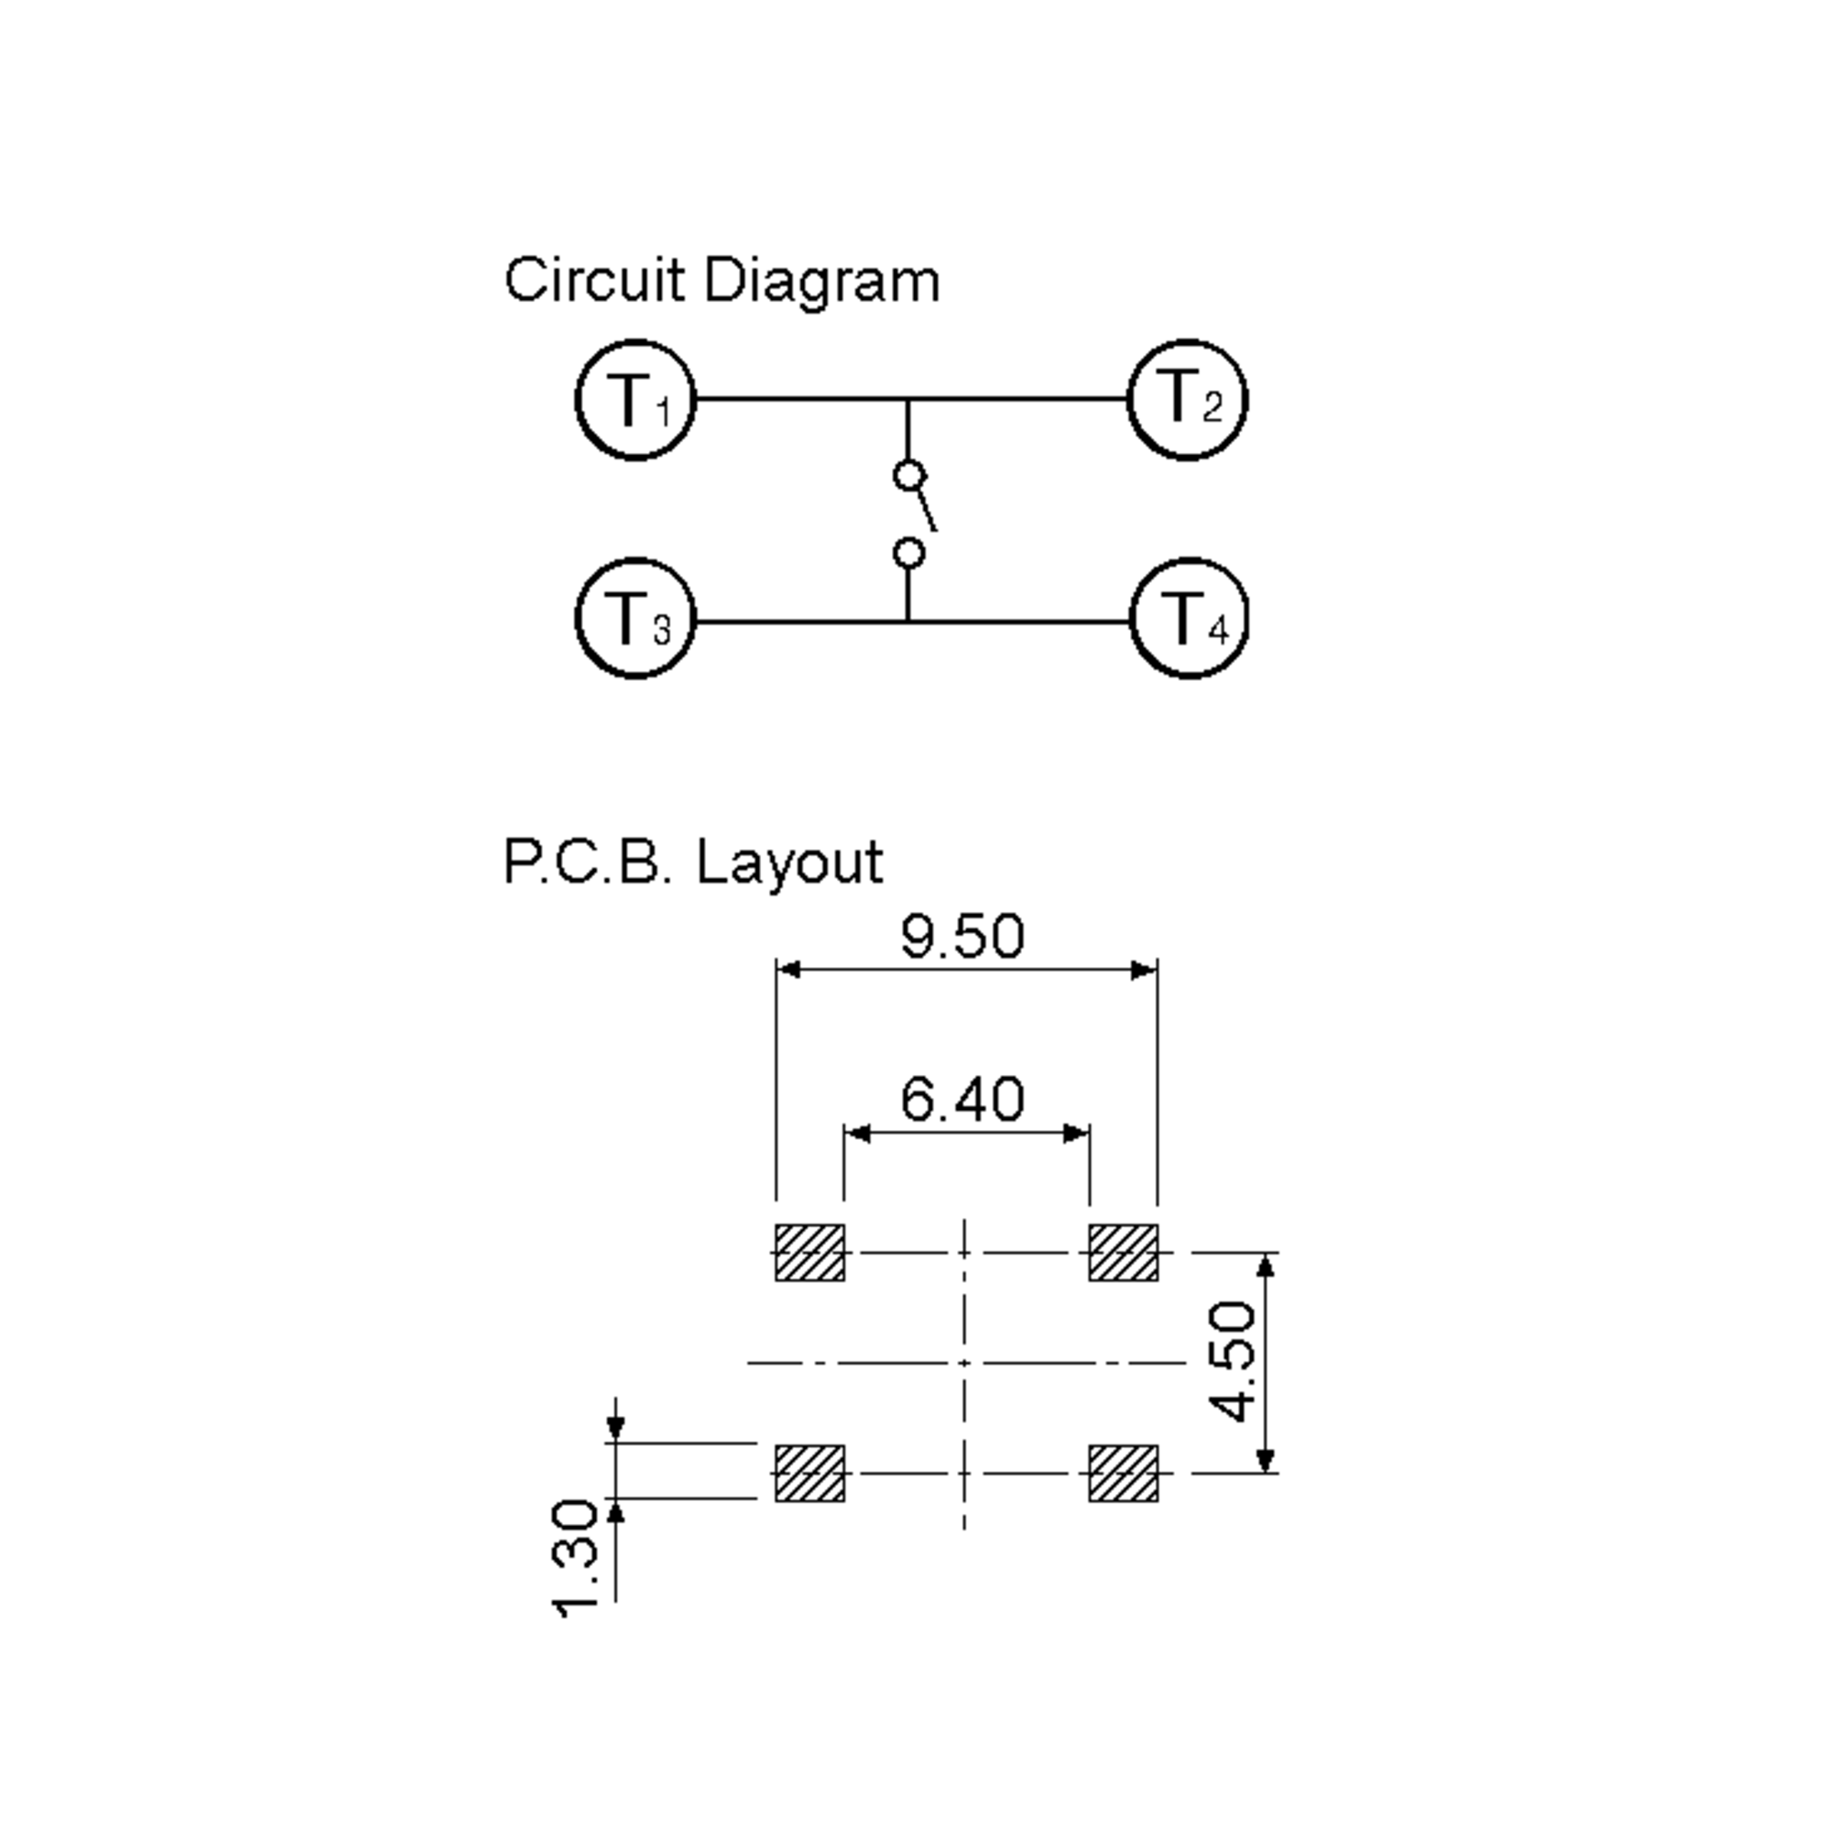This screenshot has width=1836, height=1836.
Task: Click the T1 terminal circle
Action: tap(636, 400)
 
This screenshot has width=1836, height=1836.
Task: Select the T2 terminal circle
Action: tap(1187, 400)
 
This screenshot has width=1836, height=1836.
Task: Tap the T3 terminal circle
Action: tap(636, 619)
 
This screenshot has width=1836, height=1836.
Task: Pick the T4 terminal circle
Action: tap(1189, 619)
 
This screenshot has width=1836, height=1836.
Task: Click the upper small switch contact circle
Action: tap(910, 475)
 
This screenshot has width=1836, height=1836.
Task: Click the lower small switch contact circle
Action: tap(910, 552)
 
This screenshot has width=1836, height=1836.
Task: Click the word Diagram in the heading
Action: tap(822, 282)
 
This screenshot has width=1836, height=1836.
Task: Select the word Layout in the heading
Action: tap(789, 863)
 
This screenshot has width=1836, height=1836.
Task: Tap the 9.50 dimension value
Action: tap(962, 936)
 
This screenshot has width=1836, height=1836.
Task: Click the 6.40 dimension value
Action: tap(962, 1099)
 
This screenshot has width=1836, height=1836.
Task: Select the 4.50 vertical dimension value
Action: tap(1232, 1362)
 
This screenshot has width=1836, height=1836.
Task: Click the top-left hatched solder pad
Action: tap(809, 1252)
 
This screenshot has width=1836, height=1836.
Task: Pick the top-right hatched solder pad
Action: tap(1123, 1252)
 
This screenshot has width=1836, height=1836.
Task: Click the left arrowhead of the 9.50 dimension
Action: tap(789, 969)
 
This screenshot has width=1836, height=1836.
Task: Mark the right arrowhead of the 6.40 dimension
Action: tap(1076, 1133)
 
